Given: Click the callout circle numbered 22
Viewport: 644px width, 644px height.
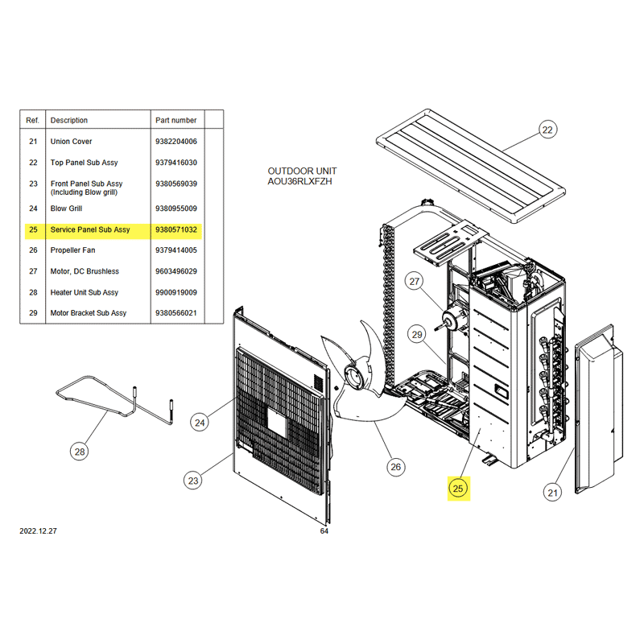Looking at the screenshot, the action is [x=547, y=130].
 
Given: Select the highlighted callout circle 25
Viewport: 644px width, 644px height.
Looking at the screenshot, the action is [x=458, y=489].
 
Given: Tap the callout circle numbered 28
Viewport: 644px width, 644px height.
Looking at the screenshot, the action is [x=79, y=452].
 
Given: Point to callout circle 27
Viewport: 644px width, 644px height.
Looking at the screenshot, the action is [x=415, y=281].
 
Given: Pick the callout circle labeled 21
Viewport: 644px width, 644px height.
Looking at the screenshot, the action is [x=552, y=493].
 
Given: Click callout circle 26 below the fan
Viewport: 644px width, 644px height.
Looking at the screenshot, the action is [x=396, y=467].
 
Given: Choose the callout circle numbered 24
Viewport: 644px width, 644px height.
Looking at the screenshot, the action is [x=200, y=423].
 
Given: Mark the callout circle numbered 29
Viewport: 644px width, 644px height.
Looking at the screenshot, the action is [x=417, y=335].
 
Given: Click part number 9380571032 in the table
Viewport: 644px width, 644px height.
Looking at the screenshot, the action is [x=176, y=229].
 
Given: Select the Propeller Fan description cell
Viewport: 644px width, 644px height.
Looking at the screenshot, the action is [x=72, y=250].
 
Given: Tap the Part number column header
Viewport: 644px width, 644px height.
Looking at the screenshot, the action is [x=175, y=120].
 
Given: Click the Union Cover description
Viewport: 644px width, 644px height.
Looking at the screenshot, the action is [x=71, y=142].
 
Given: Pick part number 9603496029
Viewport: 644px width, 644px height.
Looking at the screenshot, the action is [x=176, y=271].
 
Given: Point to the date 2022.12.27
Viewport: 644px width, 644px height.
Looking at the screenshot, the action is [x=38, y=530].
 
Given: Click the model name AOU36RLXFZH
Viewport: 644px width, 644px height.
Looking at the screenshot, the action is [x=299, y=182].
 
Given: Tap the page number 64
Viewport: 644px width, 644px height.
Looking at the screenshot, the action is [x=324, y=531].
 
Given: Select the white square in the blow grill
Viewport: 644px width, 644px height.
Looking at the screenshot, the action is [x=279, y=422].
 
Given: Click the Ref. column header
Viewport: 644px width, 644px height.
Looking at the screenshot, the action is [x=32, y=120].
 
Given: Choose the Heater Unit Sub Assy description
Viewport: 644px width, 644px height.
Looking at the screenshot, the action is [x=85, y=292].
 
